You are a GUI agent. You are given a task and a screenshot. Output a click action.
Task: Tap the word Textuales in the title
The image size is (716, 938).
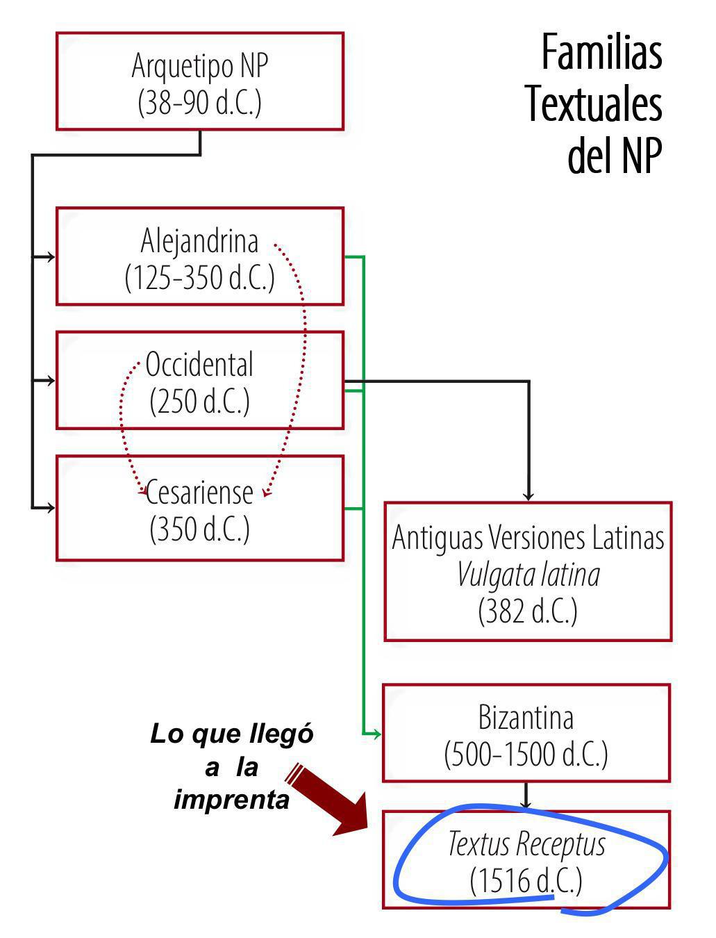594,104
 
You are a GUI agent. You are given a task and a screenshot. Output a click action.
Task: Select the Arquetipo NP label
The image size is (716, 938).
200,66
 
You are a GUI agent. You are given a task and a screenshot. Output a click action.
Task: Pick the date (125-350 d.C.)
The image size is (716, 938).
200,277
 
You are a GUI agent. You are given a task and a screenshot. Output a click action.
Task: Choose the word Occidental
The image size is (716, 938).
200,365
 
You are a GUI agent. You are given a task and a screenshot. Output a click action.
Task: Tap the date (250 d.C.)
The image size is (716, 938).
200,401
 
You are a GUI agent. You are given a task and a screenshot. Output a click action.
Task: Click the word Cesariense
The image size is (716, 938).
200,492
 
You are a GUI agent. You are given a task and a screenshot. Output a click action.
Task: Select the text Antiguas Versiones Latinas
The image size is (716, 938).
528,538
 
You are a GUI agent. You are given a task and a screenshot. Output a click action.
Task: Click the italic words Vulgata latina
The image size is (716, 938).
528,575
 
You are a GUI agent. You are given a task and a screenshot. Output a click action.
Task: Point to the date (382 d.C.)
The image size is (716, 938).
528,611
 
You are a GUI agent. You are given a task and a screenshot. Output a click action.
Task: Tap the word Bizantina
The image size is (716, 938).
526,717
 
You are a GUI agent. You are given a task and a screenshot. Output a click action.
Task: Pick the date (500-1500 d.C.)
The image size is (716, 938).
526,754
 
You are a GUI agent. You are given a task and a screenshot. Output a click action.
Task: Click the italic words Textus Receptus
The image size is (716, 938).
526,844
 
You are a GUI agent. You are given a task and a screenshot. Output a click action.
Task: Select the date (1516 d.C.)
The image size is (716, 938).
526,881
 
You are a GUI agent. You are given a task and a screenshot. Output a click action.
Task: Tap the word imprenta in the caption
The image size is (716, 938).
232,800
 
